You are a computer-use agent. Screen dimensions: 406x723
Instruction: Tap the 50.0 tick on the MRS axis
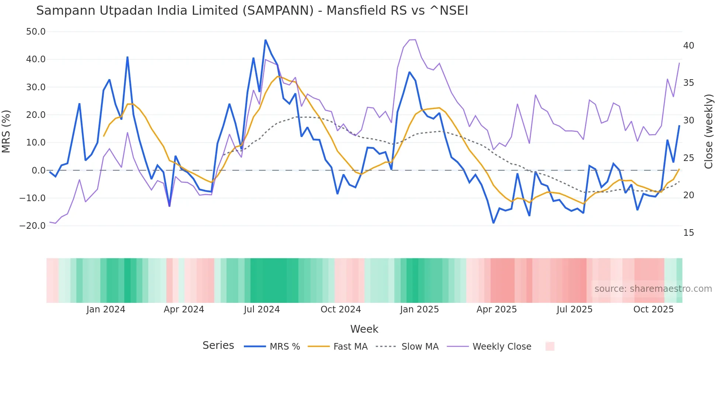pyautogui.click(x=36, y=32)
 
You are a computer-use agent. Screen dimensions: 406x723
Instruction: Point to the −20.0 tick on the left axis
pyautogui.click(x=32, y=226)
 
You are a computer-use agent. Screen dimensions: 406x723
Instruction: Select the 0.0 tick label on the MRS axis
pyautogui.click(x=38, y=171)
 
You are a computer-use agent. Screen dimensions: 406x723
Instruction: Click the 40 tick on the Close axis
pyautogui.click(x=688, y=46)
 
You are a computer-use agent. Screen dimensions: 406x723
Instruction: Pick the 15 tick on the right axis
pyautogui.click(x=688, y=233)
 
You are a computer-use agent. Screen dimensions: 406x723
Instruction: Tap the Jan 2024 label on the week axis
pyautogui.click(x=106, y=309)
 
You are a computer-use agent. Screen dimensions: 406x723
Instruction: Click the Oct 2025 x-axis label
pyautogui.click(x=653, y=309)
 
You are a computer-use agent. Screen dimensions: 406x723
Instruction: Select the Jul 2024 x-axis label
pyautogui.click(x=262, y=309)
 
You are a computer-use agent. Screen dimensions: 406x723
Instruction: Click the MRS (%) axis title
pyautogui.click(x=6, y=132)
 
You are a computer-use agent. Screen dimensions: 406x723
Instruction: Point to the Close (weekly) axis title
pyautogui.click(x=708, y=132)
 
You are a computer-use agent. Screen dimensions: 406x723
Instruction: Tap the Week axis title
pyautogui.click(x=364, y=329)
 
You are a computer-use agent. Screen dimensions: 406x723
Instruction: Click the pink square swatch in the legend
pyautogui.click(x=550, y=346)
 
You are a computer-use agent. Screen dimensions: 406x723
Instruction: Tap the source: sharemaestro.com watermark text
pyautogui.click(x=653, y=289)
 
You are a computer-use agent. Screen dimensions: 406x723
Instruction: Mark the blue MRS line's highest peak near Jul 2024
pyautogui.click(x=265, y=40)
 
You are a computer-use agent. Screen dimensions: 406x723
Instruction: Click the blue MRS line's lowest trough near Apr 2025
pyautogui.click(x=493, y=223)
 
